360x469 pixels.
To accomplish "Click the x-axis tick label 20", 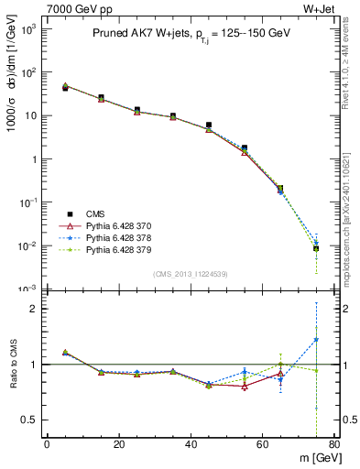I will coord(118,445).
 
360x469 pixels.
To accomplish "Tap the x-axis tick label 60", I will coord(262,445).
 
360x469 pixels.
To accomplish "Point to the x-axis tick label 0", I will coord(47,445).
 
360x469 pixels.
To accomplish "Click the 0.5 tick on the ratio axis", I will coord(30,420).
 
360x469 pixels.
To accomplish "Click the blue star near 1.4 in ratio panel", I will coord(316,340).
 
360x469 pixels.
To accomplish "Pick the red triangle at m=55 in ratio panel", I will coord(245,387).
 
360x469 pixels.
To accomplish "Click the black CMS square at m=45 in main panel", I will coord(209,125).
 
